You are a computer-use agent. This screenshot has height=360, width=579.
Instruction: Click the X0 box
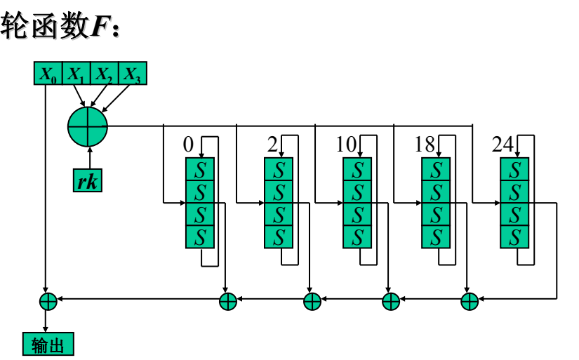pos(48,74)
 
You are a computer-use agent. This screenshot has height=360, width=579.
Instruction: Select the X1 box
pos(77,74)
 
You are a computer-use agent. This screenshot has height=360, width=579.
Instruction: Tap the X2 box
pos(105,74)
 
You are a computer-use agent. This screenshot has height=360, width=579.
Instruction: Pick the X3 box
pos(133,74)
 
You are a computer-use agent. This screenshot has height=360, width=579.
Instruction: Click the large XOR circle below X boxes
pos(88,127)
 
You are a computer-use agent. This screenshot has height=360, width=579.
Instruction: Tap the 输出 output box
pos(48,344)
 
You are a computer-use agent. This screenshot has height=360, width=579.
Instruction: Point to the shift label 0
pos(187,145)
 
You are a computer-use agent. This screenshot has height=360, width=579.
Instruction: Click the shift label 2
pos(272,145)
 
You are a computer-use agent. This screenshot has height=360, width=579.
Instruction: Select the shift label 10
pos(347,145)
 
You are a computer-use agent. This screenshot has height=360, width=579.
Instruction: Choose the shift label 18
pos(425,145)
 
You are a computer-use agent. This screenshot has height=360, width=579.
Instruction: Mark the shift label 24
pos(503,145)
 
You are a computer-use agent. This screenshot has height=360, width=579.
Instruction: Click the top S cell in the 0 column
pos(200,169)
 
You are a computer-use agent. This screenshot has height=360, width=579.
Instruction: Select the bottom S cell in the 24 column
pos(514,236)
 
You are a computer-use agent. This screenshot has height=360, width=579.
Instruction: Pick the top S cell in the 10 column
pos(357,169)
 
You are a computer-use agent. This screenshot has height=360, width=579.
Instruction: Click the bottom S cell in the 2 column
pos(279,236)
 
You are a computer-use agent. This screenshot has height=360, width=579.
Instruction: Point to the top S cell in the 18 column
pos(436,169)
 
